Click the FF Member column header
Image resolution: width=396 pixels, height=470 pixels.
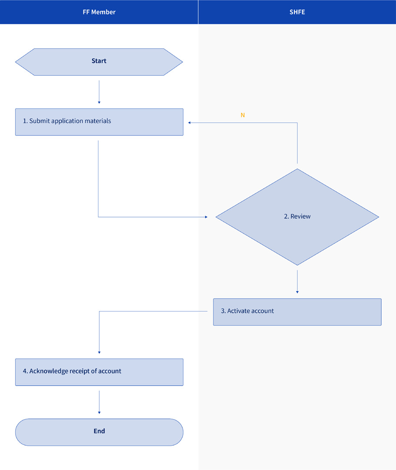[x=99, y=12]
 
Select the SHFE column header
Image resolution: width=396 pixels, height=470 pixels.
[x=297, y=12]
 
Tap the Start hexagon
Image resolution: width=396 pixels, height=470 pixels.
[x=99, y=62]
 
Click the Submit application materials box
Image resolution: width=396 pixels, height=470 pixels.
[x=99, y=122]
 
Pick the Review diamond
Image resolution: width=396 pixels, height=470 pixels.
[x=297, y=217]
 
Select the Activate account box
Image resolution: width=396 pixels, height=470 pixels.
[x=297, y=312]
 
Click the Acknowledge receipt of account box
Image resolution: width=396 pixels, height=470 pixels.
[x=99, y=372]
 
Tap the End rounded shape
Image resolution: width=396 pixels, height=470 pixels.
[x=99, y=432]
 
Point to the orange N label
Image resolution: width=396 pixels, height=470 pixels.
[x=243, y=115]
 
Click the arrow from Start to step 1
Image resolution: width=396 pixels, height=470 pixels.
[x=99, y=92]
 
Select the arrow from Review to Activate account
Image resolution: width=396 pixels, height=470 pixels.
[x=297, y=282]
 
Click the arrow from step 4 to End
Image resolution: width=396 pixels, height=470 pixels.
[x=99, y=402]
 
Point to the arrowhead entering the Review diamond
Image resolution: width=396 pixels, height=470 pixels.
[x=206, y=217]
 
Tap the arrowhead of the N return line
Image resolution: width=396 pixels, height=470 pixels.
[x=190, y=122]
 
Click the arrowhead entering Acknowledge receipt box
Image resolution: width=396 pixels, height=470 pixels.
[x=99, y=352]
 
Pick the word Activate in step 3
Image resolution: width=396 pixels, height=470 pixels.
[x=236, y=311]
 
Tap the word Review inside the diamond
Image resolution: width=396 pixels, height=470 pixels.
[x=300, y=217]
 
